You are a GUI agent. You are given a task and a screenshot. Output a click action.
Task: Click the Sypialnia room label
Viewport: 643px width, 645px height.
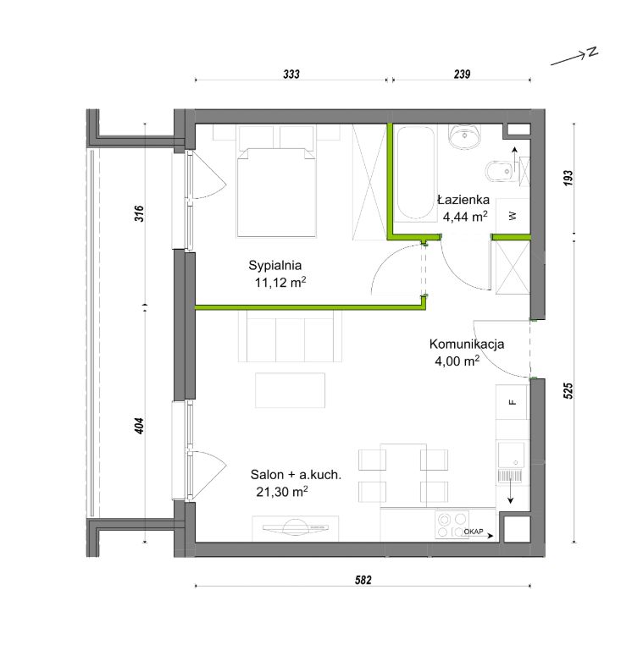(x=275, y=265)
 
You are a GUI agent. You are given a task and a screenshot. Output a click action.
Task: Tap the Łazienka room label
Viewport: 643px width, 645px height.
(x=463, y=200)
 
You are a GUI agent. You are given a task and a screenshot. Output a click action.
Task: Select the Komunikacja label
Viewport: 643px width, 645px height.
(x=467, y=344)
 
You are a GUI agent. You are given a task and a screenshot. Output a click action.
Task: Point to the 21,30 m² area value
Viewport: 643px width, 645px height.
(x=282, y=491)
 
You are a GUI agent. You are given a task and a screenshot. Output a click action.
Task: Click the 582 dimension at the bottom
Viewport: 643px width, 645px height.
(x=363, y=580)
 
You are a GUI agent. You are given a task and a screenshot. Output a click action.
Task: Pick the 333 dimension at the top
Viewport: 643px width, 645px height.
(x=291, y=74)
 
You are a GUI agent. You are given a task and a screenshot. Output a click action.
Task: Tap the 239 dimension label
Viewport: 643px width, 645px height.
(x=462, y=74)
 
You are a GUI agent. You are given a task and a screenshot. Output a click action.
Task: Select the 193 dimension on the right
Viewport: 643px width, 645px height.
(x=568, y=178)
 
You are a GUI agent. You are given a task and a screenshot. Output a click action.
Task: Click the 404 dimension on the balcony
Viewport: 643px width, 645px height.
(x=140, y=426)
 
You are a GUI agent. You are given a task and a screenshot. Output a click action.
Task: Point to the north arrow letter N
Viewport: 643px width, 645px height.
(x=592, y=52)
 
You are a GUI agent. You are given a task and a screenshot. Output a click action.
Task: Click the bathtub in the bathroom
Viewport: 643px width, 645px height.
(x=415, y=173)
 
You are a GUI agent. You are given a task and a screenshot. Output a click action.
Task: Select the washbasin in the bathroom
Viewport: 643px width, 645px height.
(x=465, y=136)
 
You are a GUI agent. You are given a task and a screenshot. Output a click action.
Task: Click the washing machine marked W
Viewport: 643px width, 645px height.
(x=513, y=216)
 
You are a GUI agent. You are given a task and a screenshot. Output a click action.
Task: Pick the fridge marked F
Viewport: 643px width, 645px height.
(x=512, y=402)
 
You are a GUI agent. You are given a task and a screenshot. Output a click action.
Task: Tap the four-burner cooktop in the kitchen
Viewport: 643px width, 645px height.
(x=452, y=525)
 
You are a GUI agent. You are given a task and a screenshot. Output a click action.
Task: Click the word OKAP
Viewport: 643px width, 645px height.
(x=474, y=532)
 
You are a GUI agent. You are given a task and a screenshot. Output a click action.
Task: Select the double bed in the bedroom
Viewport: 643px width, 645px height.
(x=276, y=192)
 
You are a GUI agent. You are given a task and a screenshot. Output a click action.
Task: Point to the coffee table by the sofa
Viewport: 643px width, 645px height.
(x=291, y=390)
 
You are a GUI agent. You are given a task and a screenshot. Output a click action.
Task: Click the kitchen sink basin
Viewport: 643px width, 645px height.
(x=511, y=455)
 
